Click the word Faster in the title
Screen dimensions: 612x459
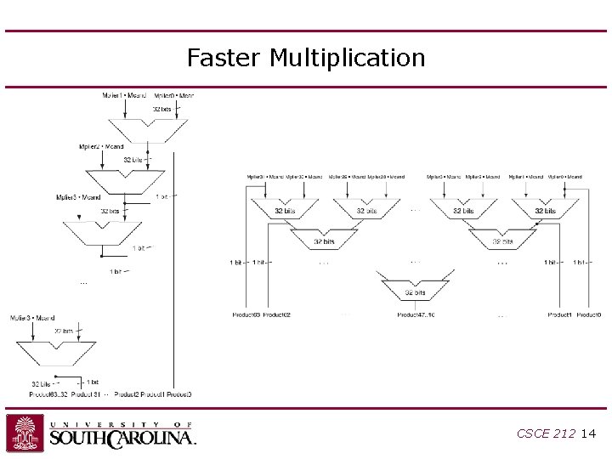click(225, 58)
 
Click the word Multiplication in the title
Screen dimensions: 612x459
click(347, 58)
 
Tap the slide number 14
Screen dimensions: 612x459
click(589, 433)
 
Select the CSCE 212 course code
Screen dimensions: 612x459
click(545, 433)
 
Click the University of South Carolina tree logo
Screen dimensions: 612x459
click(25, 433)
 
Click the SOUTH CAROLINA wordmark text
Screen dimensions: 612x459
click(122, 438)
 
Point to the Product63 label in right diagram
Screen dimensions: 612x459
click(246, 315)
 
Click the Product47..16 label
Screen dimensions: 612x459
click(416, 315)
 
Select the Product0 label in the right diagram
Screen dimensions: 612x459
click(588, 315)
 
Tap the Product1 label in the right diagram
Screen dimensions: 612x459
click(559, 315)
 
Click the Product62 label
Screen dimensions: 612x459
click(277, 315)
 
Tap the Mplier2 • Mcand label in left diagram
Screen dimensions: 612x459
click(100, 146)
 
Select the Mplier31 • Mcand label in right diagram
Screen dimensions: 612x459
click(265, 177)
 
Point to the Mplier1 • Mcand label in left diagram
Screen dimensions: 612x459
click(123, 95)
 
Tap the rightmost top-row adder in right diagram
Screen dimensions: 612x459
click(545, 207)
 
